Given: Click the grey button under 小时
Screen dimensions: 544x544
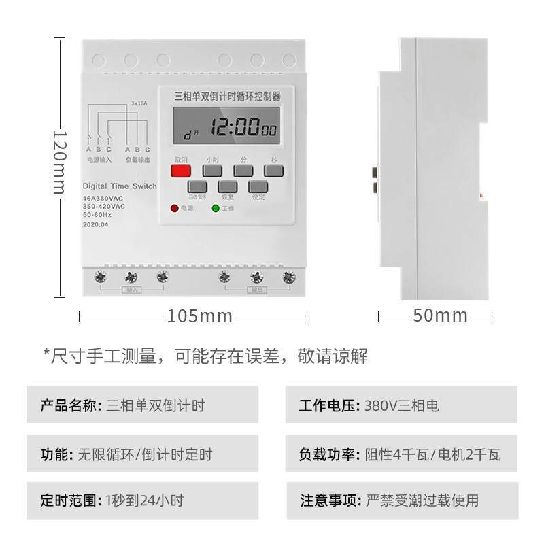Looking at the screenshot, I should point(213,171).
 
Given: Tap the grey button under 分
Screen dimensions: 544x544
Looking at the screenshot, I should point(243,171).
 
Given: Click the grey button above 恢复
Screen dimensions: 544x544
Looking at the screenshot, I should point(227,186).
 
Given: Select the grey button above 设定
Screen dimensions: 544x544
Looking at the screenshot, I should point(258,186).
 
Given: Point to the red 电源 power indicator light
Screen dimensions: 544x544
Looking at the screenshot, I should point(174,208).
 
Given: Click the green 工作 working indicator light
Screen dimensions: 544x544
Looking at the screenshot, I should point(216,208).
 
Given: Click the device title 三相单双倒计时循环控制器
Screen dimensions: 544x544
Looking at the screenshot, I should point(228,97).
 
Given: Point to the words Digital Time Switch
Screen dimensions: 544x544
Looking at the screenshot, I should point(119,186).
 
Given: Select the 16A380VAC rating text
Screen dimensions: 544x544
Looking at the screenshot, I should point(103,198).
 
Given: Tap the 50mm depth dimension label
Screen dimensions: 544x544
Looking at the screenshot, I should point(440,316).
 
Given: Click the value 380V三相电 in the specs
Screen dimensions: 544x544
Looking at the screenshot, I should point(402,406).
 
